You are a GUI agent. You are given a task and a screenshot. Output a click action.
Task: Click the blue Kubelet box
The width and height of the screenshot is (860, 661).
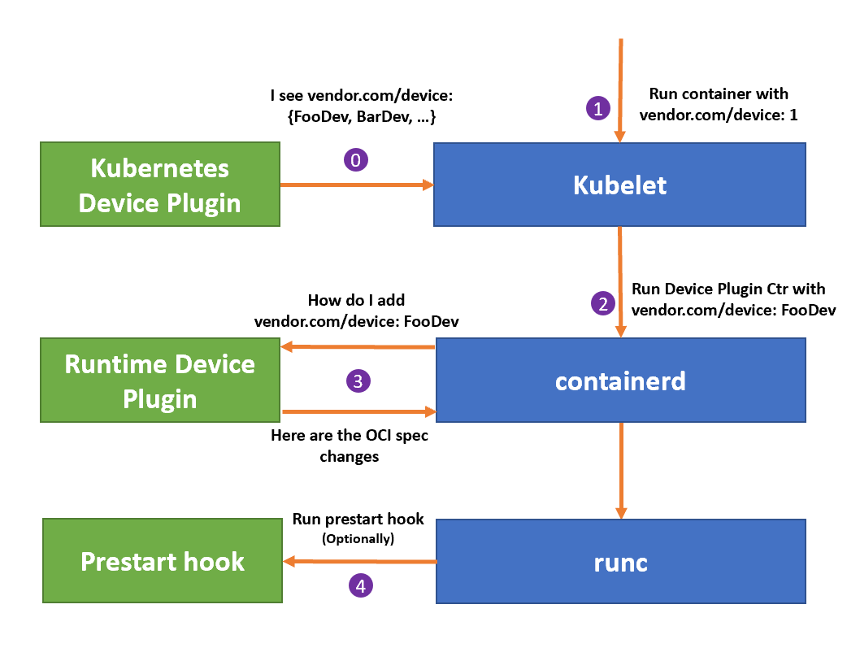click(619, 185)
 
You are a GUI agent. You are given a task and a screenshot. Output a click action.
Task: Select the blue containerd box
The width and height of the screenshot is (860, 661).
click(620, 380)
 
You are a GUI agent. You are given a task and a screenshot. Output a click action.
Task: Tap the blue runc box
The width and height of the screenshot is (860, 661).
click(620, 561)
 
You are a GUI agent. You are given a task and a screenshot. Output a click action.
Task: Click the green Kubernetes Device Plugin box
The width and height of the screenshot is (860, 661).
click(159, 185)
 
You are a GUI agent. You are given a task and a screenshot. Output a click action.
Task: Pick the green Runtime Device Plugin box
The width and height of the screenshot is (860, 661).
click(159, 381)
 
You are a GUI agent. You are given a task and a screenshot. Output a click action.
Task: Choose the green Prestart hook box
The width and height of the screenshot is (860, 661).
click(162, 561)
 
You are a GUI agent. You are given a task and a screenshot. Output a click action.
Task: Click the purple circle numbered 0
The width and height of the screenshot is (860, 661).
click(355, 160)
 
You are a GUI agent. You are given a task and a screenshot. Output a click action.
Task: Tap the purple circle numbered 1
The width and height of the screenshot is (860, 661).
click(598, 108)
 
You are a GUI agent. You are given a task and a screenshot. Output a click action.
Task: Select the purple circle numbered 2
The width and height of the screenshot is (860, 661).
click(602, 303)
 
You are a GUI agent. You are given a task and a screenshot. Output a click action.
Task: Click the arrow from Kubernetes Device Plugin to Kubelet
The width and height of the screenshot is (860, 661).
click(357, 185)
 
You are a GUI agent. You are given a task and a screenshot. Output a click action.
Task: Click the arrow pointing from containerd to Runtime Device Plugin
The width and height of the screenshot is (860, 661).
click(358, 347)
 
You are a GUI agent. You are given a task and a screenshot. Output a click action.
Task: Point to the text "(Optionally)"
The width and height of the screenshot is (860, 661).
click(358, 538)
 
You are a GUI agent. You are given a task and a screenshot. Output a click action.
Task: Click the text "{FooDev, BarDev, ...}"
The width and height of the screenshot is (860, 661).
click(362, 117)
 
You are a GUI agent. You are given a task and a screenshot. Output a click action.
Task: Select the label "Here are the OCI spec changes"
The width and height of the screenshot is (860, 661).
click(350, 446)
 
